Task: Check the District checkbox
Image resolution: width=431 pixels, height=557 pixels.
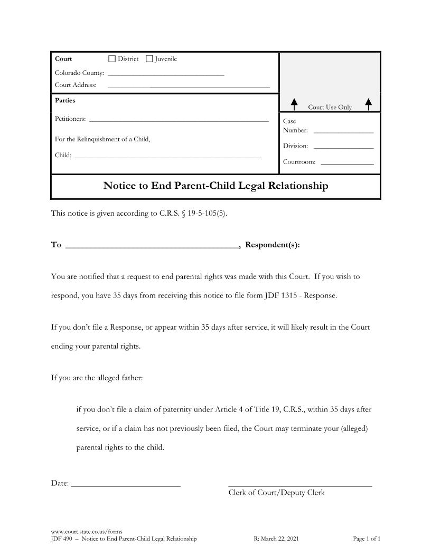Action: tap(111, 59)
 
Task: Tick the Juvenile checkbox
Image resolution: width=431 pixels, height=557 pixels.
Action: tap(149, 59)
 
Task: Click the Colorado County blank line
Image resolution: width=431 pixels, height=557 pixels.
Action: tap(166, 75)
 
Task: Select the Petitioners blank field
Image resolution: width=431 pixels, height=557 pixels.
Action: tap(179, 121)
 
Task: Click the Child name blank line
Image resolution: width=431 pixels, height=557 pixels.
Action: tap(168, 157)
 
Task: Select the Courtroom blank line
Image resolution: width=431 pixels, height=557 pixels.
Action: tap(347, 164)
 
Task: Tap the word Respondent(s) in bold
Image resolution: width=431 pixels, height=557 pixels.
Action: tap(273, 245)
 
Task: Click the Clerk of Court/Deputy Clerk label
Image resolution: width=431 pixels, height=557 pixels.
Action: tap(276, 493)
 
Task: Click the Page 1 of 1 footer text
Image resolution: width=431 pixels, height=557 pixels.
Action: tap(366, 539)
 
